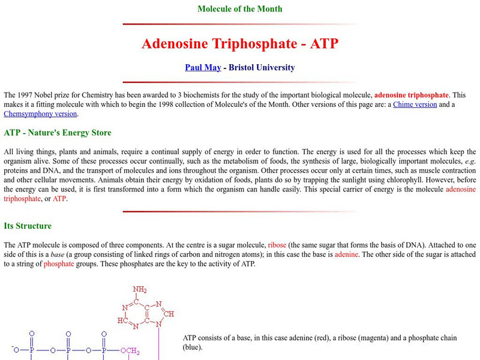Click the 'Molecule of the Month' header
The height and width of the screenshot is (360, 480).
240,9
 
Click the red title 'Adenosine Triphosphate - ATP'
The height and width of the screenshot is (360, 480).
240,44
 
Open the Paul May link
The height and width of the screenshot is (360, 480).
203,68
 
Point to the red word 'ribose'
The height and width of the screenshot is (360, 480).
277,245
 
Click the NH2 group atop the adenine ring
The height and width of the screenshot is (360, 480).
140,290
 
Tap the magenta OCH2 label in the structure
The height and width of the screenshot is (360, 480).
130,351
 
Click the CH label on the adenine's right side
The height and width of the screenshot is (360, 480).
170,313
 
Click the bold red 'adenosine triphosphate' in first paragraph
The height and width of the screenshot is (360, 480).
412,95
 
